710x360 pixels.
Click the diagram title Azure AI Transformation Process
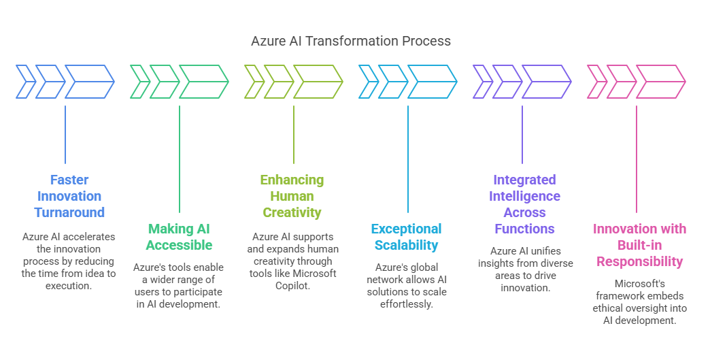click(x=351, y=42)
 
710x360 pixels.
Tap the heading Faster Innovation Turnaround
click(x=69, y=196)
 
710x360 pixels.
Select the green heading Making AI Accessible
click(x=180, y=237)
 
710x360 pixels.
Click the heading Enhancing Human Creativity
click(x=292, y=196)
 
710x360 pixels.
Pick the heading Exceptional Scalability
click(x=407, y=237)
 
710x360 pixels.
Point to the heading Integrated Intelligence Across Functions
click(x=524, y=204)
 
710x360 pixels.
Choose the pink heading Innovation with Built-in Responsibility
click(x=639, y=245)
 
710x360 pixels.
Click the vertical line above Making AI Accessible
click(x=180, y=159)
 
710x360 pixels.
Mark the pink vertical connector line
click(x=636, y=159)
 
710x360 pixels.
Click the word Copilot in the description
click(x=292, y=287)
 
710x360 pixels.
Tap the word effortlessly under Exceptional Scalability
click(x=407, y=304)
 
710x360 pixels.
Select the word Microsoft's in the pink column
click(x=639, y=284)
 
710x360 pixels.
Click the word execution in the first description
click(x=69, y=287)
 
